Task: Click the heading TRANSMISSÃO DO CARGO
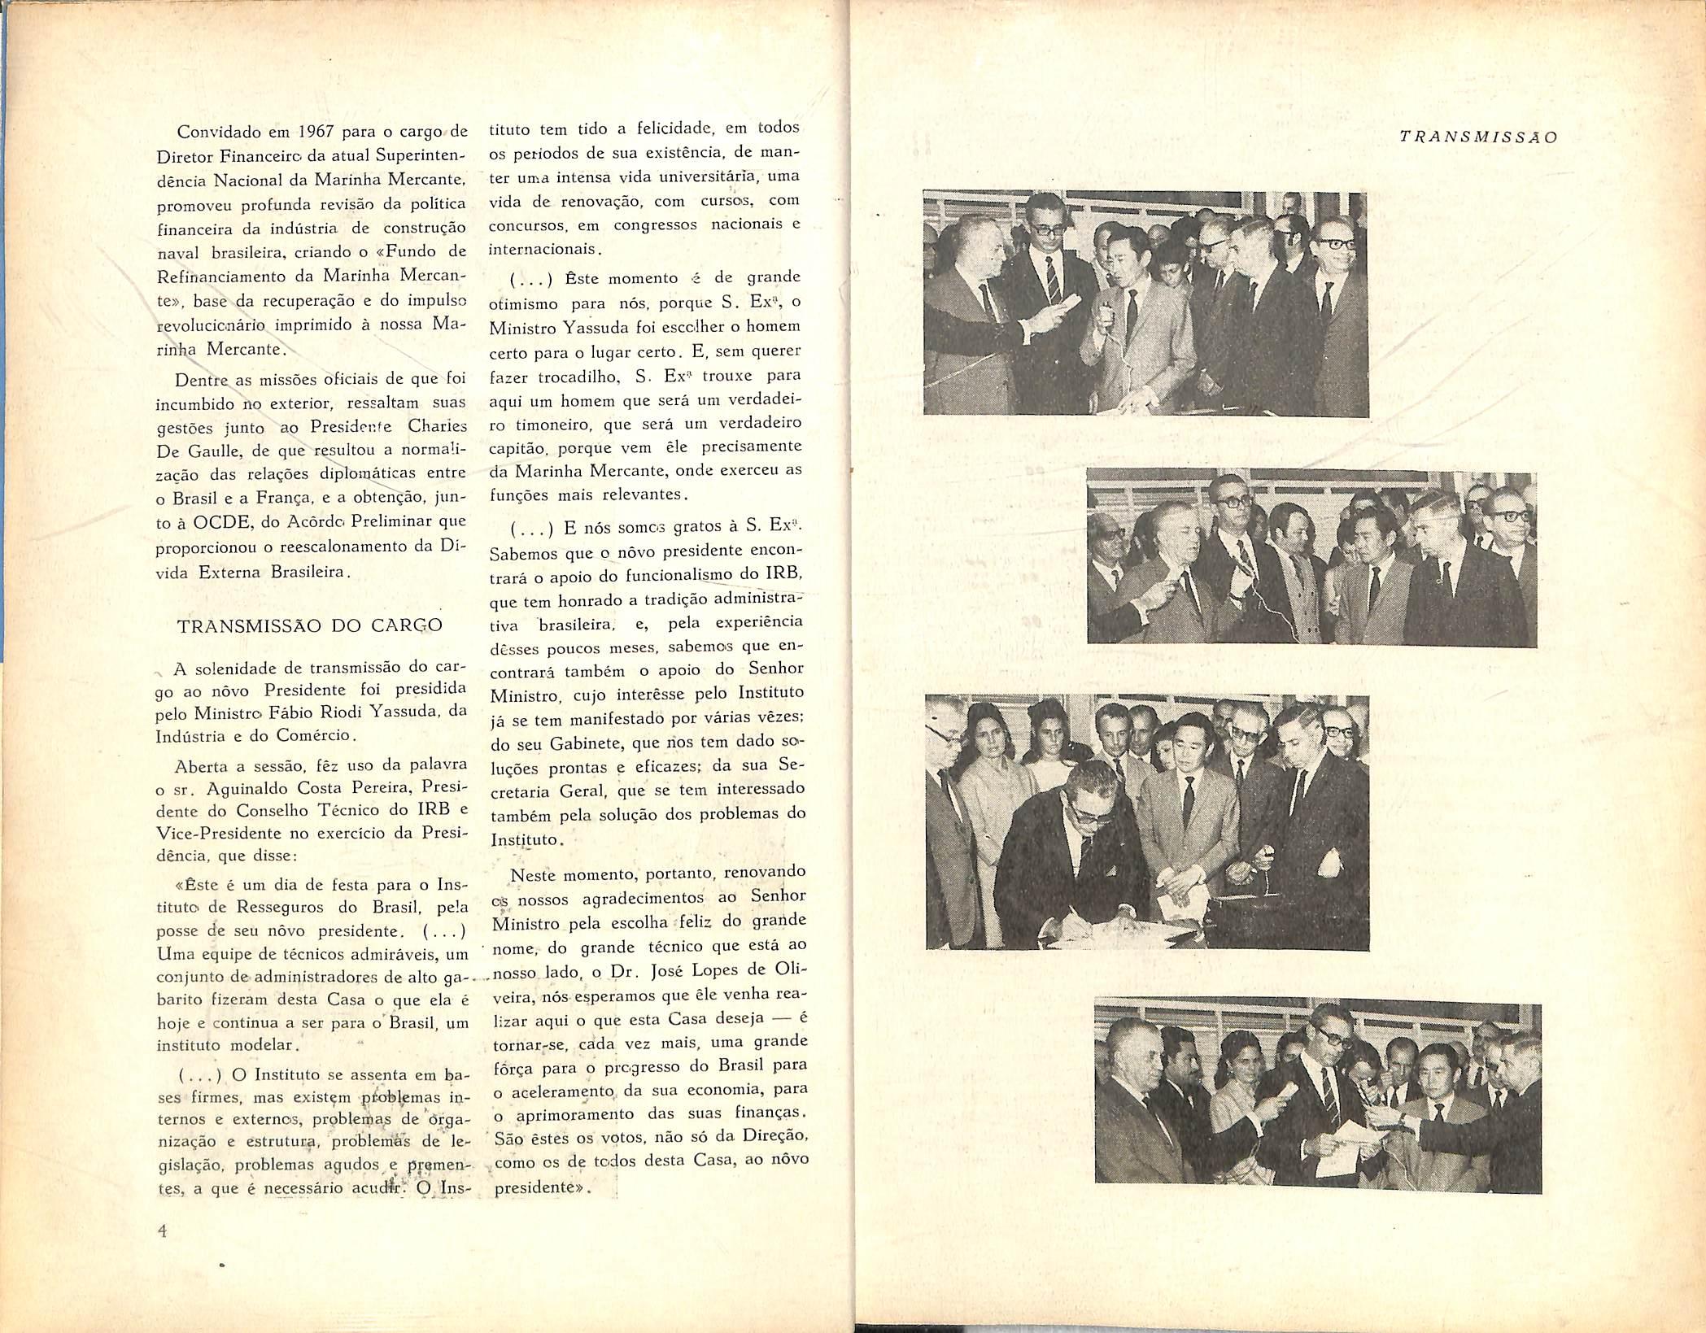pyautogui.click(x=310, y=625)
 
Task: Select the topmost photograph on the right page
pyautogui.click(x=1146, y=304)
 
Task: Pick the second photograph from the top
pyautogui.click(x=1311, y=560)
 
